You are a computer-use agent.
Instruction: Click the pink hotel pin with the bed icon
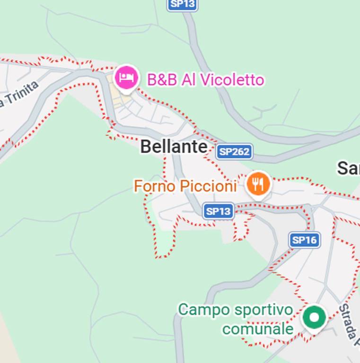[126, 77]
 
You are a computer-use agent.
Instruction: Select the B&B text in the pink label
[162, 80]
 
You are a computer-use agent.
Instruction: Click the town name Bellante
[174, 147]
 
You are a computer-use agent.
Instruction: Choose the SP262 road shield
[234, 152]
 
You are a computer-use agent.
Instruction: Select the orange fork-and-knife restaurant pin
[258, 184]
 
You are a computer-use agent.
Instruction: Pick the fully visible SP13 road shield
[219, 211]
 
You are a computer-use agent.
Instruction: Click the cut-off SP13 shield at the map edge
[182, 4]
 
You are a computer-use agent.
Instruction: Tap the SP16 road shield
[304, 240]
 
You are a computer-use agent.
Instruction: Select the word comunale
[258, 328]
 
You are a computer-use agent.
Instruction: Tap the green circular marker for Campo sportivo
[314, 316]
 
